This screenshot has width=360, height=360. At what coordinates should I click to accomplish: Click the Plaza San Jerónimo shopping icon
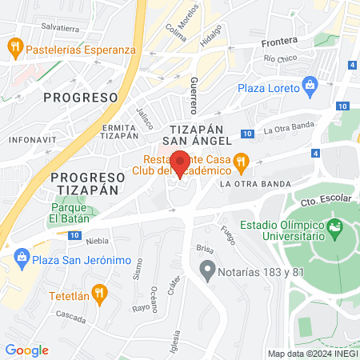[x=21, y=258]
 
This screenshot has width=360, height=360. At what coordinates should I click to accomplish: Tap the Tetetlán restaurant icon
[x=98, y=293]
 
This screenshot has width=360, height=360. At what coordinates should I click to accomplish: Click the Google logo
[x=26, y=350]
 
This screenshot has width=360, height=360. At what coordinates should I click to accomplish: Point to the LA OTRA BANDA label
[x=255, y=184]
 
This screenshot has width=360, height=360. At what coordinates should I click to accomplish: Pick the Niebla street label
[x=97, y=240]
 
